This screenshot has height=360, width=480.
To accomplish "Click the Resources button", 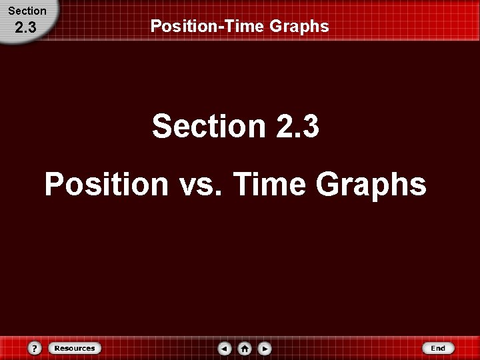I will (x=74, y=348).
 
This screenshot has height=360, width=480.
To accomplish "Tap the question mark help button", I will (x=35, y=348).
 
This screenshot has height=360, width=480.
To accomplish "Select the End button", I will (x=437, y=348).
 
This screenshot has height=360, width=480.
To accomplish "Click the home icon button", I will (x=245, y=348).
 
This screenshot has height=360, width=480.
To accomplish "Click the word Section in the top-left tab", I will (x=27, y=11).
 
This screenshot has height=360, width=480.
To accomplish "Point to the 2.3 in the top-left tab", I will (x=27, y=27).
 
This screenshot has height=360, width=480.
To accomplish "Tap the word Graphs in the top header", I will (x=303, y=27).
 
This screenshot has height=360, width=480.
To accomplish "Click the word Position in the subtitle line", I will (x=107, y=184).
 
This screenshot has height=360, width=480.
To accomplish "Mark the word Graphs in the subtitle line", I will (x=371, y=184).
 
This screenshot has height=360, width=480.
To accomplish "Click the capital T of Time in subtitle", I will (x=243, y=184).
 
